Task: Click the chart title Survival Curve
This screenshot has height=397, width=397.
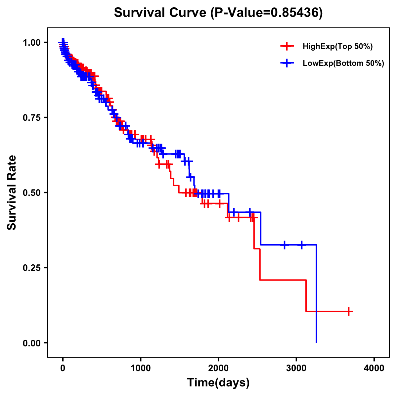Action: pos(161,13)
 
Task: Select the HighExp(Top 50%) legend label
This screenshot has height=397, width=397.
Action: pos(337,47)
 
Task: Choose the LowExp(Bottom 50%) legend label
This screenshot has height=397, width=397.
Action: pos(343,64)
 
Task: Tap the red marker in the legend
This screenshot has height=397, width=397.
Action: pos(287,46)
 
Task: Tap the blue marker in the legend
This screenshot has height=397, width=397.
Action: pos(287,63)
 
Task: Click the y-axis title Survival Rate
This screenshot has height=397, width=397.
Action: pos(12,192)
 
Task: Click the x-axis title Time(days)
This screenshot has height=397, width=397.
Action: pos(218,383)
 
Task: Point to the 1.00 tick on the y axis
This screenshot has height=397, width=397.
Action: pos(32,42)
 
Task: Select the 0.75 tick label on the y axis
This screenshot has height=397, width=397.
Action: pos(32,117)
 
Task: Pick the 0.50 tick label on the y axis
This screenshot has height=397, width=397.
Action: pos(32,193)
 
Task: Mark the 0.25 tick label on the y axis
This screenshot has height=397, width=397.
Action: pos(32,268)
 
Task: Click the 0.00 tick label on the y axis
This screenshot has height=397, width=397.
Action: pos(32,343)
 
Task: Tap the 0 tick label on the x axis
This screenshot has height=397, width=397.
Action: pos(63,368)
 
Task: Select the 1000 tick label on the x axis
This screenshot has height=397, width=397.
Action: pos(141,368)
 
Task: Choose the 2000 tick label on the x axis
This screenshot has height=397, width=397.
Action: pos(218,368)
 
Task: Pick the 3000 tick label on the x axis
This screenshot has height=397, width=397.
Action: pos(296,368)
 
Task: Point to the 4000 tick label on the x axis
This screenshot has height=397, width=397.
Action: pos(374,368)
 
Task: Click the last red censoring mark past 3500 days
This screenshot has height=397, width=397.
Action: pos(349,311)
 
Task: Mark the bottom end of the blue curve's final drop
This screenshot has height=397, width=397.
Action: pos(317,342)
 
